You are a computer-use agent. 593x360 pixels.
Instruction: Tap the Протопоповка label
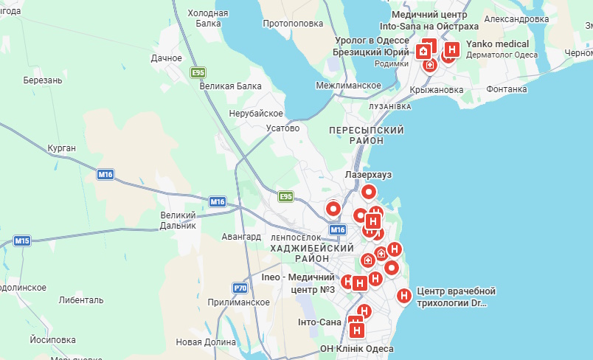point(293,24)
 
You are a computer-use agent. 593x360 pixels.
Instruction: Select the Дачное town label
point(166,58)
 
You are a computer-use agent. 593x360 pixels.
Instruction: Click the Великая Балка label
point(231,86)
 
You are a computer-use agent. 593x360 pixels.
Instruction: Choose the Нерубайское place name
point(256,113)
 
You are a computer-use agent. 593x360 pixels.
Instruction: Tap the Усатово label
point(282,128)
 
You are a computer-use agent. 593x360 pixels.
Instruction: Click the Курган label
point(61,148)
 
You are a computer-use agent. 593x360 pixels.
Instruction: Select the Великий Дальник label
point(178,221)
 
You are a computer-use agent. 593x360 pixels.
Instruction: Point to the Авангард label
point(241,237)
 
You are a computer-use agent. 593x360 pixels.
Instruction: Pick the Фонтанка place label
point(507,89)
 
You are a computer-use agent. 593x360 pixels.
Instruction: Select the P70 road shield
point(239,288)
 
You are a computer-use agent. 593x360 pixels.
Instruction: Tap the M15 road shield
point(22,241)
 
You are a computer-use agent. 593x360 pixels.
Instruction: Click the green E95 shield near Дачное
point(197,72)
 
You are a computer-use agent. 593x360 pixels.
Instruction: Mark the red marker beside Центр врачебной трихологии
point(404,296)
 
